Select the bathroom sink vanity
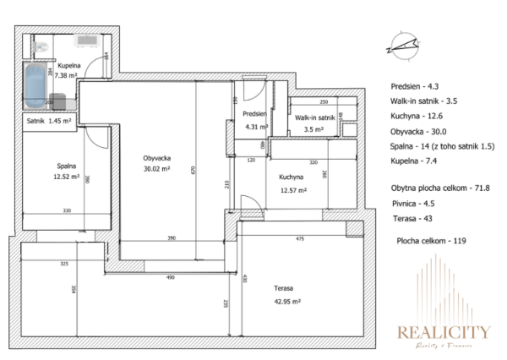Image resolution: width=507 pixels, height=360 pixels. pyautogui.click(x=87, y=40)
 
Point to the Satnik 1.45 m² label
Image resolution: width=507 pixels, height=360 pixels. pyautogui.click(x=49, y=121)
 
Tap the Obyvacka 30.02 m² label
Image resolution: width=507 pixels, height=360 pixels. pyautogui.click(x=156, y=163)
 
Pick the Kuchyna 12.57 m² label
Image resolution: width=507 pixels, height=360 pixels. pyautogui.click(x=292, y=183)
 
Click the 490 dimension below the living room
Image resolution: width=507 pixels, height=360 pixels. pyautogui.click(x=168, y=277)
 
